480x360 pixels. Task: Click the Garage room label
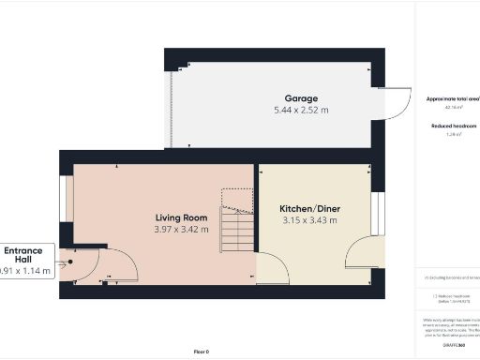click(302, 97)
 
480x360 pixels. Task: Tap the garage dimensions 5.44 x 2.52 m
click(302, 110)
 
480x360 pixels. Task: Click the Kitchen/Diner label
click(308, 208)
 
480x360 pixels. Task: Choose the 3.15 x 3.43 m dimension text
click(308, 220)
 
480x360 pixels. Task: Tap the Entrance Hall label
click(22, 255)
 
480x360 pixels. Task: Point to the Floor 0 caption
click(202, 351)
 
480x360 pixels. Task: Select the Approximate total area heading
click(453, 98)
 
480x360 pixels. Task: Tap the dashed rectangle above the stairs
click(237, 198)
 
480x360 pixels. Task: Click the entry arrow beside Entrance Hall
click(62, 263)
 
